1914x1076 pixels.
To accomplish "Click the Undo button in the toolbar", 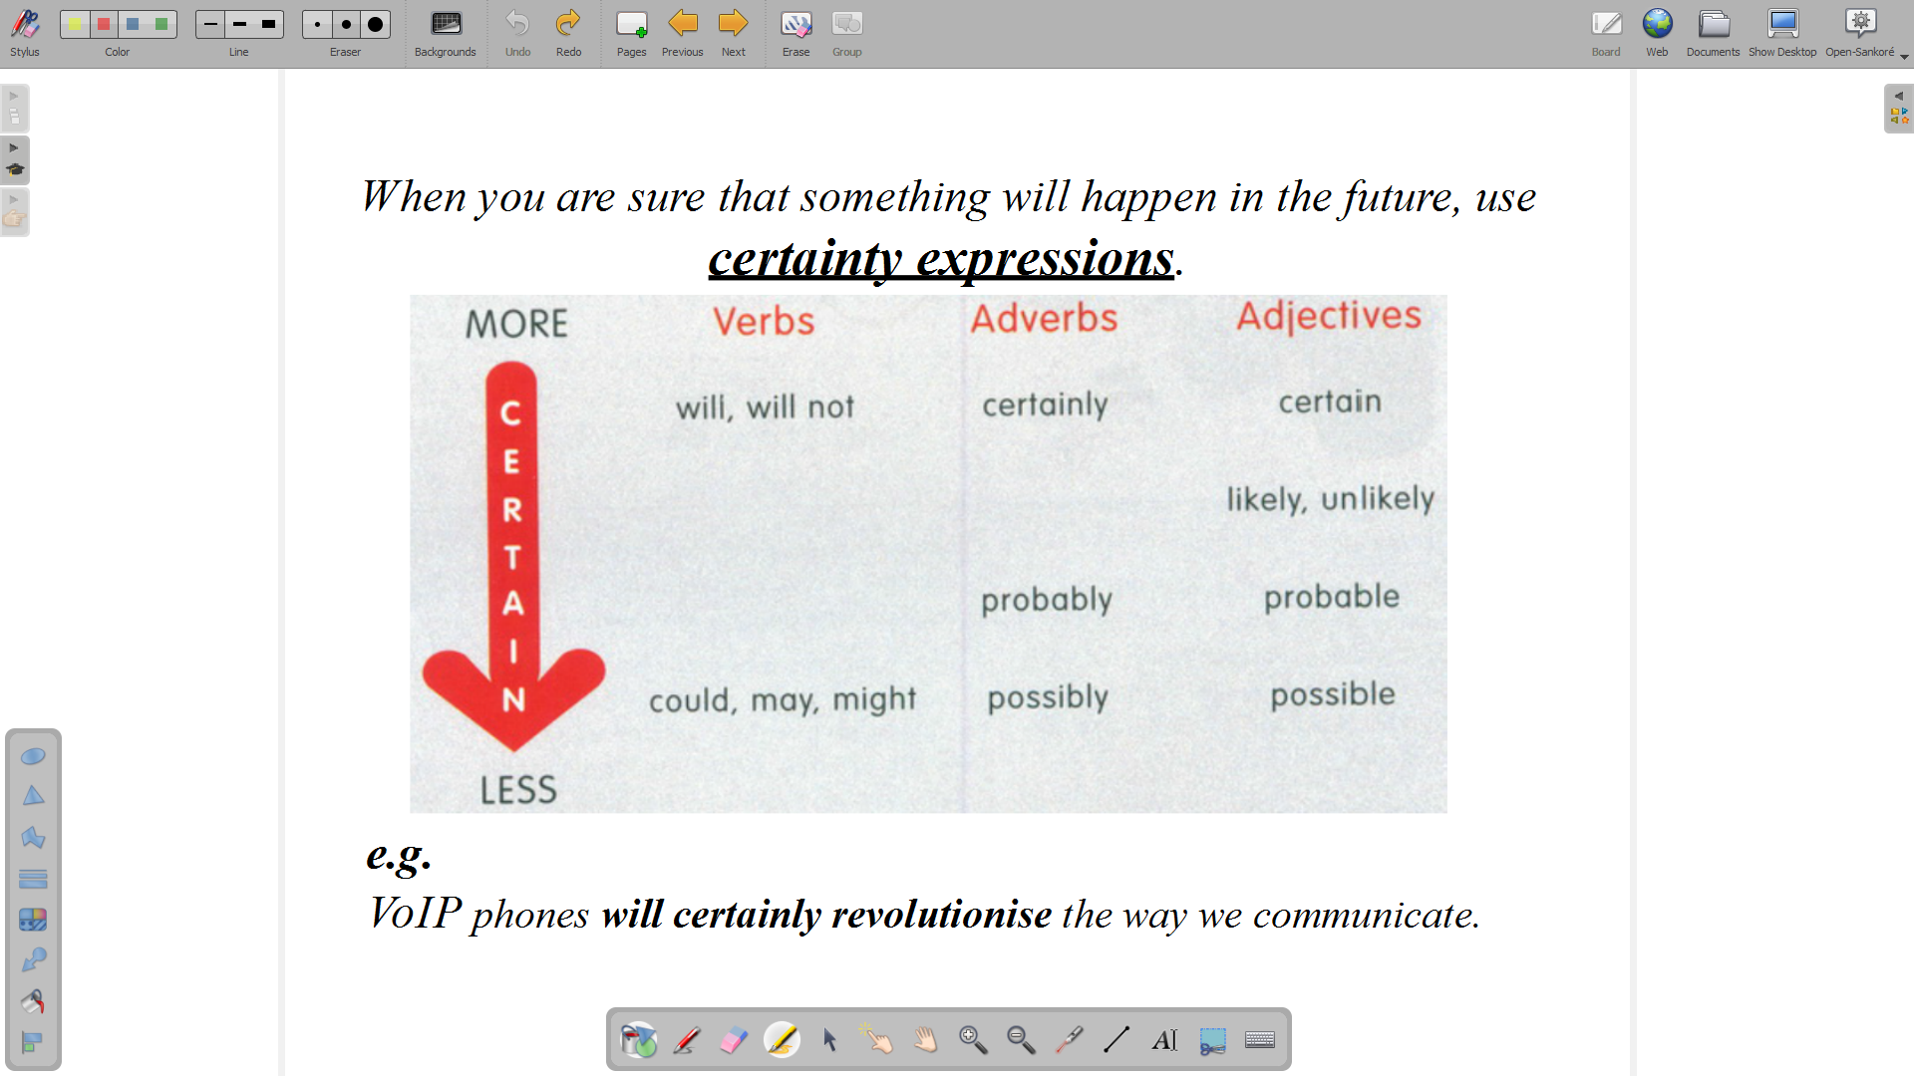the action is (x=517, y=33).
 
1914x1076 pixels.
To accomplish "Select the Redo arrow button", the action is (x=568, y=33).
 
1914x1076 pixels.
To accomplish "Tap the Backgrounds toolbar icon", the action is (x=446, y=33).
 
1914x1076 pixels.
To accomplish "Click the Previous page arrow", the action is (x=683, y=33).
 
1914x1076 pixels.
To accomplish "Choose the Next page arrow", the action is (x=734, y=33).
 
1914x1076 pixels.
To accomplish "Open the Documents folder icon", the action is (x=1714, y=33).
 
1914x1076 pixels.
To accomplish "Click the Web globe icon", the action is (x=1658, y=33).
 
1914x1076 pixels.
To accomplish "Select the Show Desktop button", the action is (x=1782, y=33).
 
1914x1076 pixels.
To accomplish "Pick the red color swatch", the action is (x=104, y=25).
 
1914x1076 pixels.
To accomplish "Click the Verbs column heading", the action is (x=764, y=321).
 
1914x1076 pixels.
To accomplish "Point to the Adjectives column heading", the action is (x=1329, y=316).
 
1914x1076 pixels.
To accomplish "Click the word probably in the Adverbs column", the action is (x=1047, y=600).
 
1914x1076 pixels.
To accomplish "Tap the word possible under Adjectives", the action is (x=1333, y=694).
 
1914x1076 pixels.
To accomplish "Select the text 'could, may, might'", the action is (x=783, y=699).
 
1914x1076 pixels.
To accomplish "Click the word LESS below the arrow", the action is (x=518, y=790).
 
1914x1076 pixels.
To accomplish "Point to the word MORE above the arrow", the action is (x=516, y=324).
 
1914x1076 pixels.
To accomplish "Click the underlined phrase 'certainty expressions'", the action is (x=941, y=259).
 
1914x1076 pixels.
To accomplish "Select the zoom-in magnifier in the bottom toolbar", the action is (x=973, y=1040).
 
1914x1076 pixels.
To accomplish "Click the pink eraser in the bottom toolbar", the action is (x=734, y=1040).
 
